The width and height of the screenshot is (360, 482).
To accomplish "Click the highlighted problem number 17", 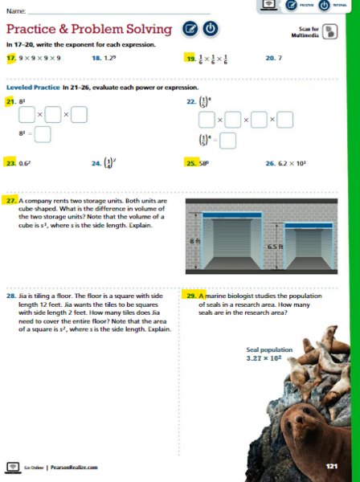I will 11,59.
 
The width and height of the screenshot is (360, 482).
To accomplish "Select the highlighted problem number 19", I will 191,59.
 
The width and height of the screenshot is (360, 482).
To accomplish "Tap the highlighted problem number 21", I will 11,102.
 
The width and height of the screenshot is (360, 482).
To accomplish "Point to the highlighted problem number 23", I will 11,162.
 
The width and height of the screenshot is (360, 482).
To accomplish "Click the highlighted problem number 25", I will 191,162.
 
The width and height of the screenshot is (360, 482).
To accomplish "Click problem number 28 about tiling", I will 10,296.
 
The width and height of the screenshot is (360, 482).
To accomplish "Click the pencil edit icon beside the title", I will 190,29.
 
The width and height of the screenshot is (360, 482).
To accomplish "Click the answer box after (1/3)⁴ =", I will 228,141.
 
